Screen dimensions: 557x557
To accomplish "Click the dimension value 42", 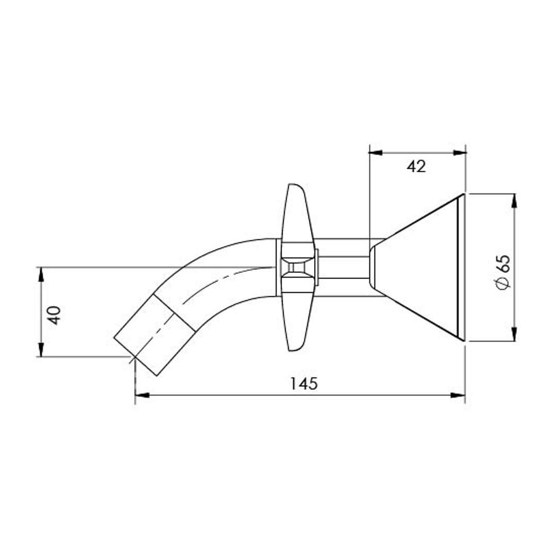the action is (416, 166).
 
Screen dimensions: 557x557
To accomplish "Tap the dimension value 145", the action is (304, 383).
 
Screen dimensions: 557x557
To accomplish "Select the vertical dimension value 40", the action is (54, 315).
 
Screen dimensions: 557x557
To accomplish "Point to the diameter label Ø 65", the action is (503, 272).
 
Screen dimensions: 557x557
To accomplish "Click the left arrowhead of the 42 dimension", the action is (375, 153).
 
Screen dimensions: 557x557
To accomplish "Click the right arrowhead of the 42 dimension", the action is (460, 153).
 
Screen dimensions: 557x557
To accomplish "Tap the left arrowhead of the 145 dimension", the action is (142, 395).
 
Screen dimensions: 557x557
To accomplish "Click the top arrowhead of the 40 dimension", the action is (41, 274).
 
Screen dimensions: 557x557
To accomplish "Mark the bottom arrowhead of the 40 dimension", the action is (41, 350).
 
